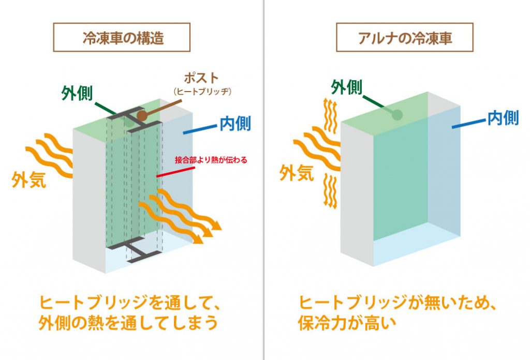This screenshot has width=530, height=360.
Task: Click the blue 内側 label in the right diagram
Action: [503, 118]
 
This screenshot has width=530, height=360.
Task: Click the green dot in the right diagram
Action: [397, 114]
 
